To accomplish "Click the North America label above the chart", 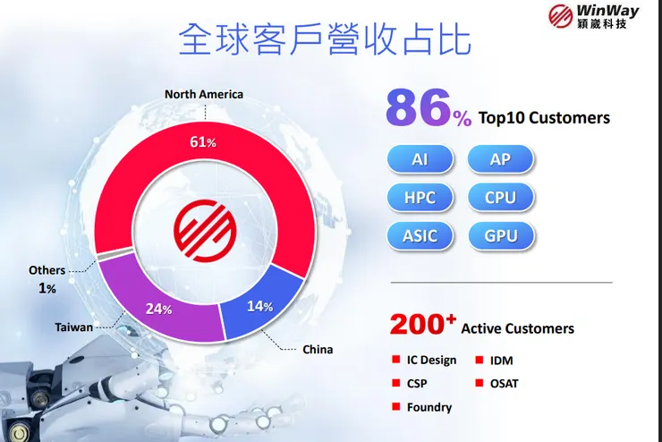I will [204, 94].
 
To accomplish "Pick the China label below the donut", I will [317, 350].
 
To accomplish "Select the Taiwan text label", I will [73, 327].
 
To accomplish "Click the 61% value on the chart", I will [204, 141].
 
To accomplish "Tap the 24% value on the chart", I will [159, 310].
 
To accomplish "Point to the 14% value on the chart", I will [259, 305].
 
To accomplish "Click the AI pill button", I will [420, 159].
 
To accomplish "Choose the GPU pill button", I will [501, 236].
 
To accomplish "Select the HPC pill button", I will [420, 198].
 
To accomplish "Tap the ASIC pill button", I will [420, 236].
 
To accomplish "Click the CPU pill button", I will [501, 198].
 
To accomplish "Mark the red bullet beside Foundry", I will [395, 407].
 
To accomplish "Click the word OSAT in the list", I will [504, 384].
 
